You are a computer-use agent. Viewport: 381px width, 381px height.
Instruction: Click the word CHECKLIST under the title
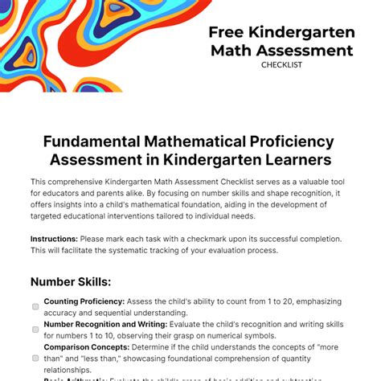point(281,65)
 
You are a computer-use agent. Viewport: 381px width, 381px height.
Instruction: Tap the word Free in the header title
point(227,32)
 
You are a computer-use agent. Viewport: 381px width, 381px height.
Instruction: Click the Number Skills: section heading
point(71,281)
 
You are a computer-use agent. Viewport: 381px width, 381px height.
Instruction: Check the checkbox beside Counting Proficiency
point(35,306)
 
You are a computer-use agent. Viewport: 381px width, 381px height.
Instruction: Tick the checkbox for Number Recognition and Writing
point(35,330)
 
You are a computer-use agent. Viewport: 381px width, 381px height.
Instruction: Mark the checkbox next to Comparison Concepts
point(35,358)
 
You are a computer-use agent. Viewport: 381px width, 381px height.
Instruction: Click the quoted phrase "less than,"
point(102,358)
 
